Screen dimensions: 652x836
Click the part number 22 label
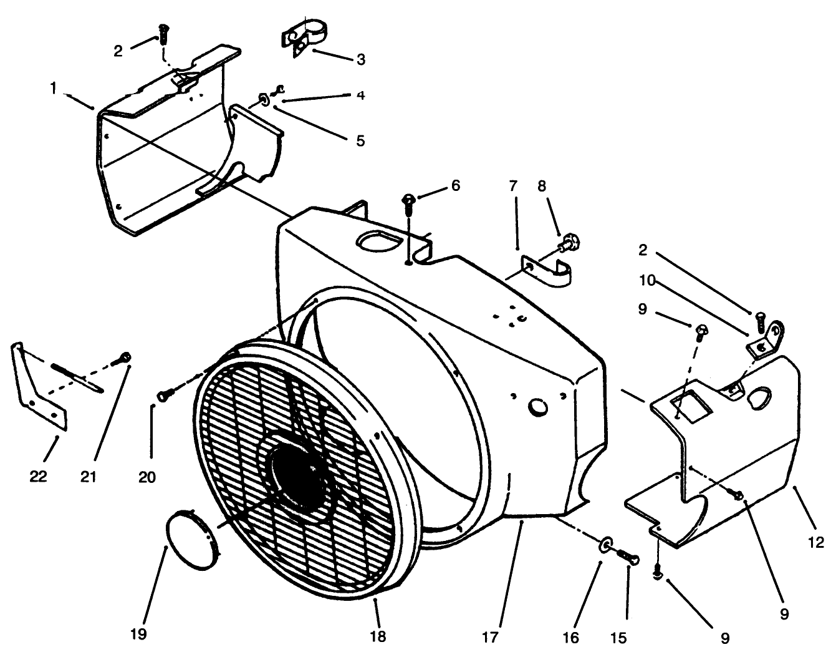click(x=39, y=477)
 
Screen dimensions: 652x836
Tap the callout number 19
click(x=139, y=634)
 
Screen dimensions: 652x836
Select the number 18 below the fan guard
click(x=378, y=636)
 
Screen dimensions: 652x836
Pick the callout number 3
click(x=360, y=60)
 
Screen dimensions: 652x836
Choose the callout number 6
click(x=456, y=186)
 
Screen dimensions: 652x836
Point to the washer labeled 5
click(x=264, y=99)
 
